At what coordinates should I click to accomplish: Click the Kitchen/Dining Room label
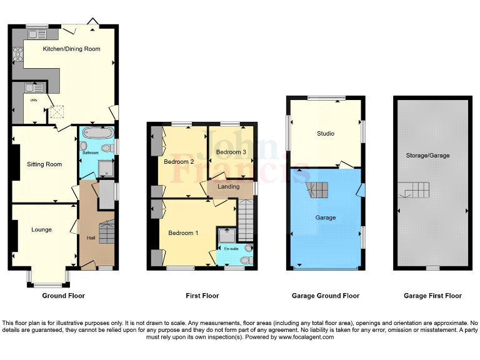(x=71, y=49)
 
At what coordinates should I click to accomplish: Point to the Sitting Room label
(x=44, y=164)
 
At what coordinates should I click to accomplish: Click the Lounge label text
(x=42, y=229)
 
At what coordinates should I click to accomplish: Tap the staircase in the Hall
(x=107, y=233)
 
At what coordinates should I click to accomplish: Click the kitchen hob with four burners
(x=16, y=54)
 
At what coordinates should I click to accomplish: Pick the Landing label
(x=229, y=186)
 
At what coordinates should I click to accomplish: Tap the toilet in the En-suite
(x=247, y=259)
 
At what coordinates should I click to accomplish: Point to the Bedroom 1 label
(x=183, y=232)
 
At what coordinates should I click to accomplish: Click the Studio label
(x=326, y=133)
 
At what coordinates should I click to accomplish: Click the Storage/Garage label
(x=427, y=156)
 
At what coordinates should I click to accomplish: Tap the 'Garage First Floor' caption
(x=432, y=296)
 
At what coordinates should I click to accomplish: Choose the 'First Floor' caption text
(x=202, y=296)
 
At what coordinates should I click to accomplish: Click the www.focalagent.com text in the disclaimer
(x=302, y=337)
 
